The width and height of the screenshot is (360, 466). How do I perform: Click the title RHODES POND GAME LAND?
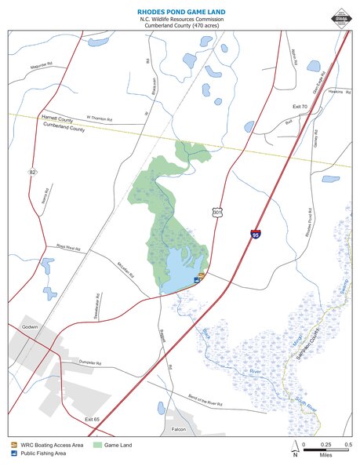180,13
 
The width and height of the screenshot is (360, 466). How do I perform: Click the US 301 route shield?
217,211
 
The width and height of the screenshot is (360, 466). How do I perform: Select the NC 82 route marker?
34,170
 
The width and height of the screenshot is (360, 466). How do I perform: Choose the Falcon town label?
178,430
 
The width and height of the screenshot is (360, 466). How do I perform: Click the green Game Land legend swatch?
98,446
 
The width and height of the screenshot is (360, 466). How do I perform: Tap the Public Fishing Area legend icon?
13,453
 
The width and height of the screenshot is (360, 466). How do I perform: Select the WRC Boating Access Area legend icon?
13,446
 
